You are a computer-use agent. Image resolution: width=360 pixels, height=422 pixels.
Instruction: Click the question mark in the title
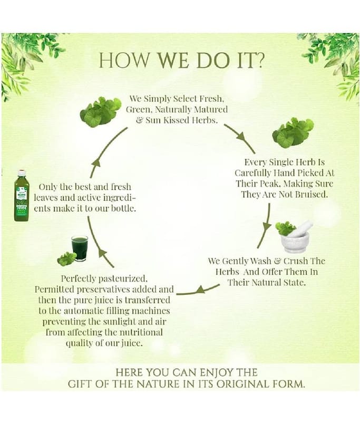(259, 60)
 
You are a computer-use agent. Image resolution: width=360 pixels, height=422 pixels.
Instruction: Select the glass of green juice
(80, 248)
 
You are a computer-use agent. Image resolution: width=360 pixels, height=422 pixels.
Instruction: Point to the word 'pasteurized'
(123, 279)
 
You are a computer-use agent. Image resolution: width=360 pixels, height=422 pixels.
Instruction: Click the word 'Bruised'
(312, 194)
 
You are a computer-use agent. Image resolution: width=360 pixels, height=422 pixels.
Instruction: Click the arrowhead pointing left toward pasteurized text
(199, 290)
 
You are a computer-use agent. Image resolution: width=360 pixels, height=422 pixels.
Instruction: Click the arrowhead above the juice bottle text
(96, 162)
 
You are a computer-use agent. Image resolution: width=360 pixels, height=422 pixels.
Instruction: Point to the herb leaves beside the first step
(100, 112)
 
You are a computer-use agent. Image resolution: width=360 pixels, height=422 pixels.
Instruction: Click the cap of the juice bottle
(21, 171)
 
